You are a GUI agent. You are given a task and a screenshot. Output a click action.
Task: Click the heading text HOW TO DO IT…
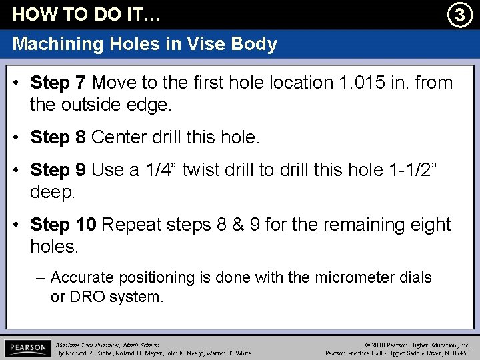point(87,14)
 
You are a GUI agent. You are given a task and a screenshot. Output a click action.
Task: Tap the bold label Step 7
point(58,83)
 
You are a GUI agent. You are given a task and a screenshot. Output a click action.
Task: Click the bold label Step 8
point(58,137)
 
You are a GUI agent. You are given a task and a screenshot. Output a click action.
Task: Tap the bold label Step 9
point(58,170)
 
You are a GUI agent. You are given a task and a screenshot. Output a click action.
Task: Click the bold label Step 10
point(64,225)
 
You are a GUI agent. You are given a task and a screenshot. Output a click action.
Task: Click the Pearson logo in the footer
point(27,348)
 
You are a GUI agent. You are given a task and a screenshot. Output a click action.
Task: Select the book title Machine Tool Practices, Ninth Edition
point(107,344)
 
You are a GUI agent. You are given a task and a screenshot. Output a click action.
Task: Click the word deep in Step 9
point(54,192)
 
